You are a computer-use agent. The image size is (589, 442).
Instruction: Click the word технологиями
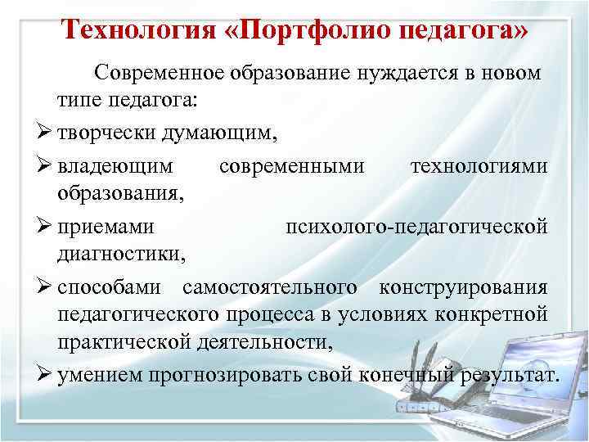(x=479, y=166)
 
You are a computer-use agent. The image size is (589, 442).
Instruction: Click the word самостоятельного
(x=269, y=287)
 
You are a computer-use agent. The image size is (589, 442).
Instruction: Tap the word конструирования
(x=462, y=287)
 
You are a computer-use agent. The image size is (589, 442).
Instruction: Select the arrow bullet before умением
(x=46, y=376)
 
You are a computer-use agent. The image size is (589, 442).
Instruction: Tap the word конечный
(x=398, y=376)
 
